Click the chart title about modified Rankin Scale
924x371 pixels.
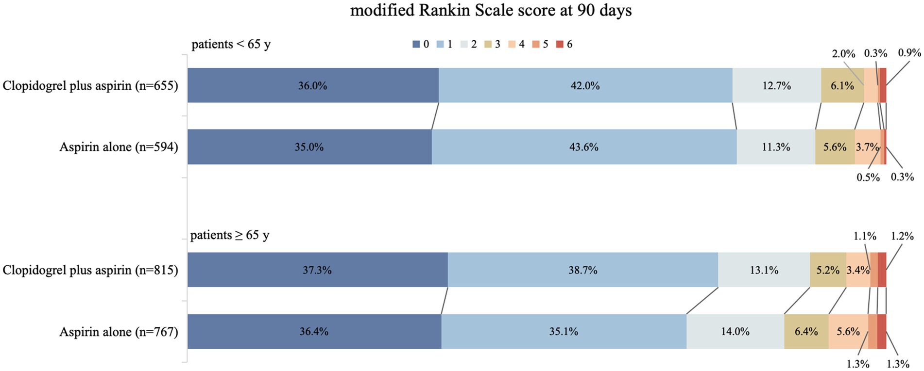[491, 10]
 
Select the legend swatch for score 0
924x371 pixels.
[416, 44]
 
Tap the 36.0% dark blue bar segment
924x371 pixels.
[313, 86]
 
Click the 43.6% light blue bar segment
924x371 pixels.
[583, 147]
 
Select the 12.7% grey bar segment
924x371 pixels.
[776, 86]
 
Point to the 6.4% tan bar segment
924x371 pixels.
[806, 332]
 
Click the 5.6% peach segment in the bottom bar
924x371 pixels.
[848, 332]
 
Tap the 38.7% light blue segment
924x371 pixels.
[582, 270]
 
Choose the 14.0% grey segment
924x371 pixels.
[735, 332]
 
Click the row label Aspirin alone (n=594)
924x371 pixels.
[119, 147]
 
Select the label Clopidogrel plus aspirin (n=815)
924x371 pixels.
[90, 270]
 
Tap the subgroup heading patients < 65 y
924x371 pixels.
[231, 44]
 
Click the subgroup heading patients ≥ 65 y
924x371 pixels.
[229, 235]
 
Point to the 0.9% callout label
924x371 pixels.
[909, 53]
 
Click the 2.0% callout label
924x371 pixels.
[843, 54]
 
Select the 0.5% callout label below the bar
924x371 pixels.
[868, 177]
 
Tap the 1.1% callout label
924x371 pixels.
[865, 236]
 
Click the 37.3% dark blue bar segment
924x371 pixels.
[317, 270]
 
